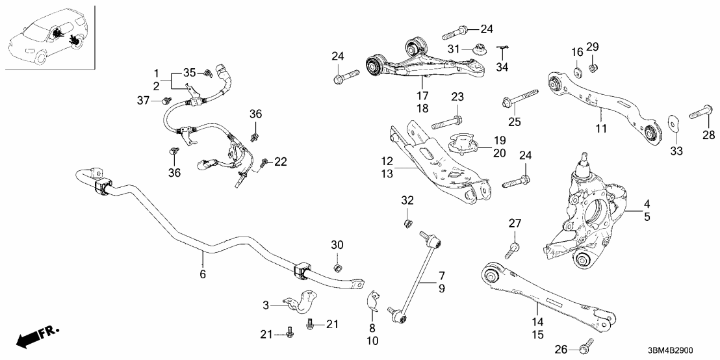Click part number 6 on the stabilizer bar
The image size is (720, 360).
click(x=203, y=275)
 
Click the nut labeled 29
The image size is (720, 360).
click(x=593, y=68)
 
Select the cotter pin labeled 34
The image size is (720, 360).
click(x=502, y=47)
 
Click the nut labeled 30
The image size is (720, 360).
click(x=338, y=268)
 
